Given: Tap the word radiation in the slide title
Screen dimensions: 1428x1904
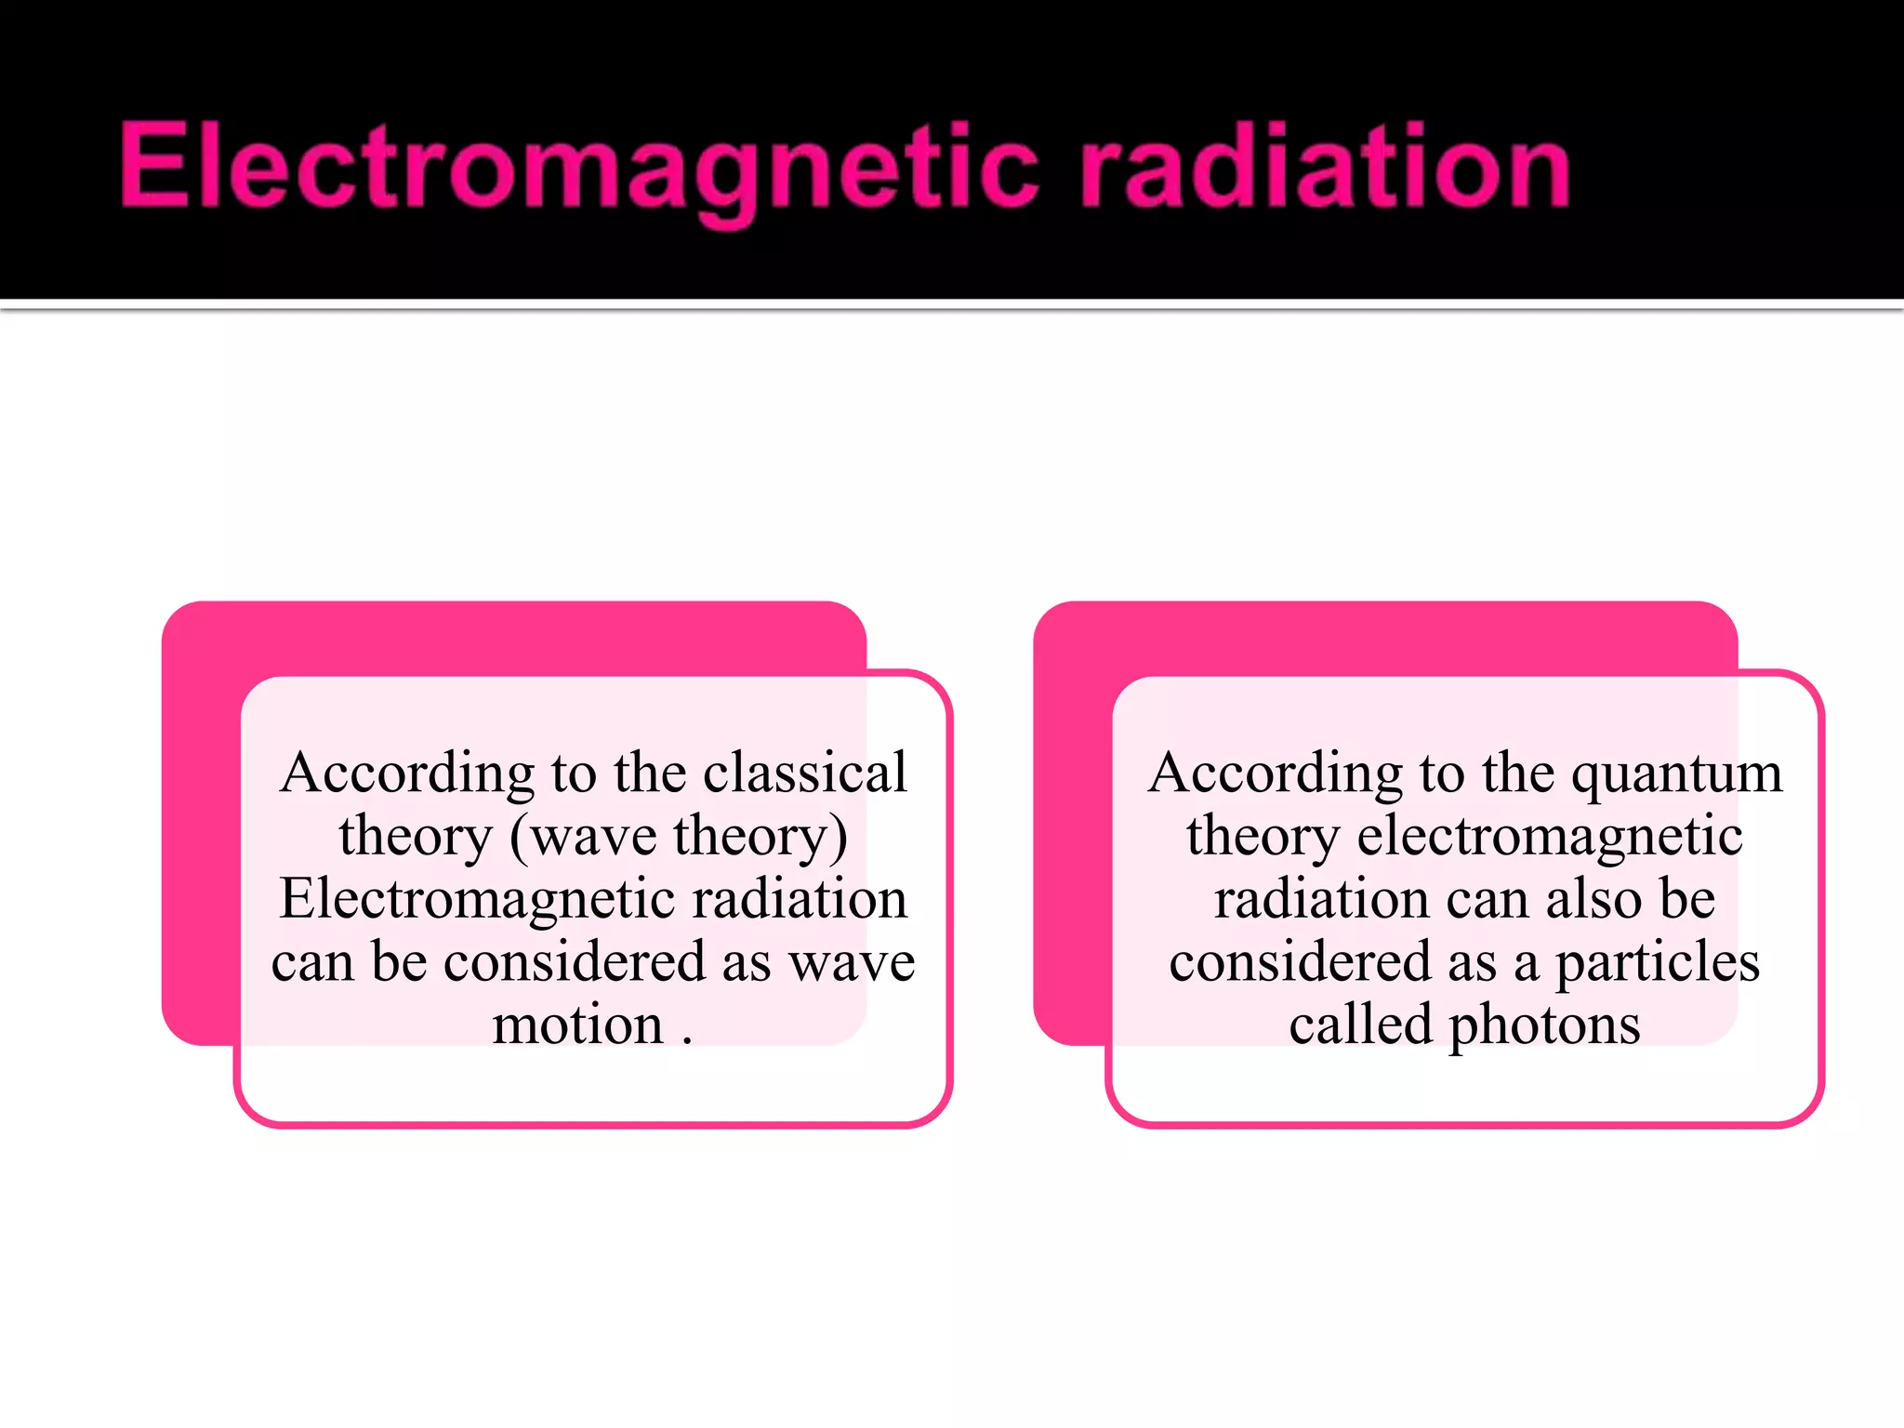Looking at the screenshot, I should pos(1324,167).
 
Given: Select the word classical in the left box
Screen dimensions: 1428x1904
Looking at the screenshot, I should pos(804,773).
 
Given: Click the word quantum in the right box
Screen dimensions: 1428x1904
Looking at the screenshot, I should pos(1676,773).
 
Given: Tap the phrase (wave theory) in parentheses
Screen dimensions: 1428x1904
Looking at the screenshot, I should pos(679,836).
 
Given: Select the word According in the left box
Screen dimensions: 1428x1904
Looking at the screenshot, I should pos(407,773).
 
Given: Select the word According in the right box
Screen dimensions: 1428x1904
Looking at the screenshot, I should pos(1275,773).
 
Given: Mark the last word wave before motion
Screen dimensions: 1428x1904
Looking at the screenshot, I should pos(852,963).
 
